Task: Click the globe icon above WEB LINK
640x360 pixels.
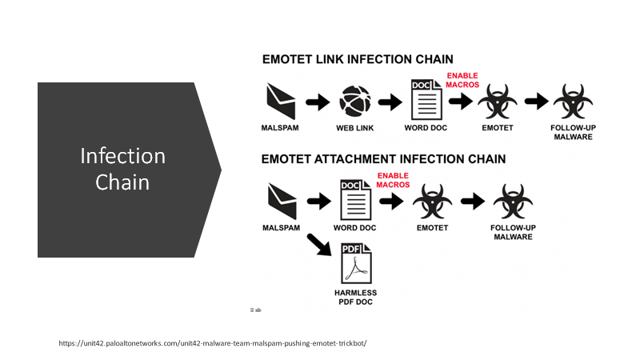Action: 355,102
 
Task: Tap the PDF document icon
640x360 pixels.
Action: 356,263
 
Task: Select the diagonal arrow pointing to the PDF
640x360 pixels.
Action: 319,245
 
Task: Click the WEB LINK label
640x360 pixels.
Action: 354,128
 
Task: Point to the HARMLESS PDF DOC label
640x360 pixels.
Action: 355,297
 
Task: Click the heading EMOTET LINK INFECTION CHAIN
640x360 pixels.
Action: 358,59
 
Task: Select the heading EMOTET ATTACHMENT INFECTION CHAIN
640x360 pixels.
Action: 383,158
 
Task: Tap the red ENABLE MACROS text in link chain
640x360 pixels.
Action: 462,80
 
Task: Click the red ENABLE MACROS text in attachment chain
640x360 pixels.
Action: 393,180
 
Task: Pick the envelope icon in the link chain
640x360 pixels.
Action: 281,102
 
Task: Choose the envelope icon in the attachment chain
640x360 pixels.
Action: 282,202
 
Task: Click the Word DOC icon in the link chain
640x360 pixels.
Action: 426,99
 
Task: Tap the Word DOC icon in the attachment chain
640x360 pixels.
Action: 355,199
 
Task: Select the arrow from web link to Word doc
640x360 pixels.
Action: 390,102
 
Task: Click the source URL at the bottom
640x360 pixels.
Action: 213,343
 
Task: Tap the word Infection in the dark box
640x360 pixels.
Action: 123,156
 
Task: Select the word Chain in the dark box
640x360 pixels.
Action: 122,182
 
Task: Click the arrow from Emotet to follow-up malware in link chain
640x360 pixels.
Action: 537,102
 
